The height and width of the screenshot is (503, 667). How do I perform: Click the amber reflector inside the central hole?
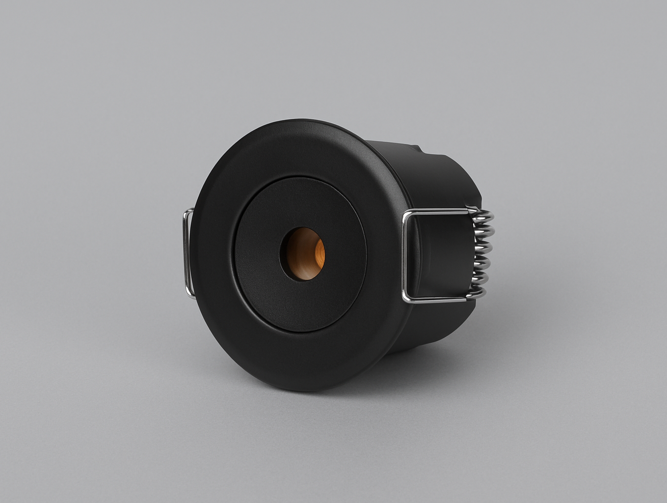pyautogui.click(x=305, y=254)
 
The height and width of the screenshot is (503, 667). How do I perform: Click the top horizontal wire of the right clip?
pyautogui.click(x=437, y=211)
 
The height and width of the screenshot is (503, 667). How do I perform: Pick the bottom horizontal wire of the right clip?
pyautogui.click(x=437, y=299)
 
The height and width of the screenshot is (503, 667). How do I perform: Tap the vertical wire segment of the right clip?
pyautogui.click(x=404, y=255)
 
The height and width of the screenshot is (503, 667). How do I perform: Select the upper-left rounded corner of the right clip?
pyautogui.click(x=406, y=213)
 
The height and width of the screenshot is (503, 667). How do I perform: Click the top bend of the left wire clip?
pyautogui.click(x=187, y=211)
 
